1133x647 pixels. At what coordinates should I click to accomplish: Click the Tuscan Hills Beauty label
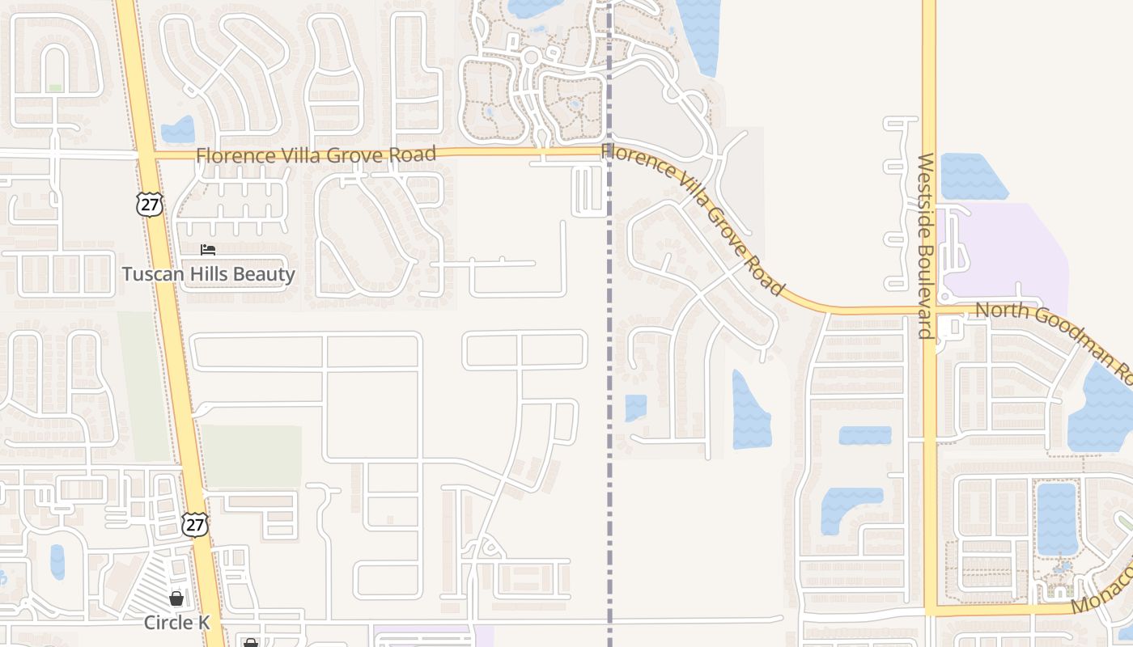click(208, 274)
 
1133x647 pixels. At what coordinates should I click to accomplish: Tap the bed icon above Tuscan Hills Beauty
click(208, 249)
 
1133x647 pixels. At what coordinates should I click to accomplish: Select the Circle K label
click(176, 622)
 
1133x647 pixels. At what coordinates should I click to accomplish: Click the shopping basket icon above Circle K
click(176, 598)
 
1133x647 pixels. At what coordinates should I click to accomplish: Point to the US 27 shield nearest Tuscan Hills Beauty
click(150, 204)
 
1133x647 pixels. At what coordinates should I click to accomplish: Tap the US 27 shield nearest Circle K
click(194, 524)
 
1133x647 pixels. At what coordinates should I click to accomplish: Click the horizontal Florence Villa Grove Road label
click(316, 154)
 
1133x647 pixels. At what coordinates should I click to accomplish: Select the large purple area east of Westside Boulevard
click(1012, 251)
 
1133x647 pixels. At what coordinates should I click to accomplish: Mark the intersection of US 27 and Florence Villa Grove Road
click(146, 154)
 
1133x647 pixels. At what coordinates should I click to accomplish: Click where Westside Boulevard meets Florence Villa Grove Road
click(929, 310)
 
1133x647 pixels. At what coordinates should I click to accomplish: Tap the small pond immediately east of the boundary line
click(636, 407)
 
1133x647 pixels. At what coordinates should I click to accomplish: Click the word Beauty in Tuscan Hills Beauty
click(264, 274)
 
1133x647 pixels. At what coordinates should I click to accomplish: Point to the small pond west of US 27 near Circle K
click(57, 561)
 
